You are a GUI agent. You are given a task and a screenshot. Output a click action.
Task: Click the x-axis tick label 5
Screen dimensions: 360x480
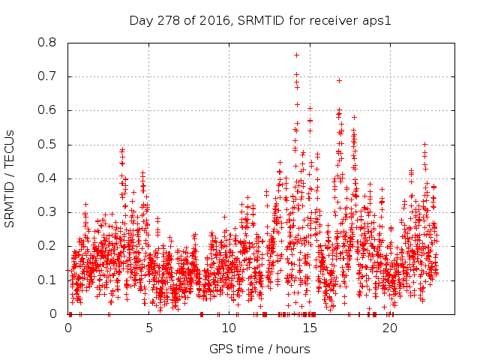148,328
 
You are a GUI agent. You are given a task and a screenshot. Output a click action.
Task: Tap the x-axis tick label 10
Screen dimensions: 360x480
229,328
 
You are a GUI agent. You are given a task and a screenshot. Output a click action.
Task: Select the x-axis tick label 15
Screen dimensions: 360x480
310,328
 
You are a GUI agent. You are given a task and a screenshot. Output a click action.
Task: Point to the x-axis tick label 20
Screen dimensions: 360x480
390,328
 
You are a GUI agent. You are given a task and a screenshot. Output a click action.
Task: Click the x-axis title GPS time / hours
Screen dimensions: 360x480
259,349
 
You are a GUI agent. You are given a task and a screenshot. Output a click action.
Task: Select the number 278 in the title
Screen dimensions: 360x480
165,19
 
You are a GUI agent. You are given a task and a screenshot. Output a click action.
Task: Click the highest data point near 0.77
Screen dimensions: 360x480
296,55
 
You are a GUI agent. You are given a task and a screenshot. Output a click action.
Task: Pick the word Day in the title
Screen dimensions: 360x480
139,19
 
